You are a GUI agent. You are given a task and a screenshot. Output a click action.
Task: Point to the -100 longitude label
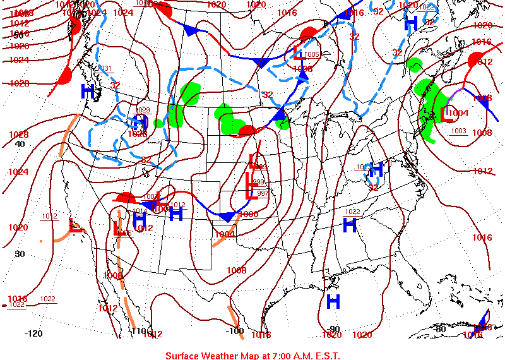click(234, 331)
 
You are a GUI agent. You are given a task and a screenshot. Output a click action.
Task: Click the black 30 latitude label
click(20, 253)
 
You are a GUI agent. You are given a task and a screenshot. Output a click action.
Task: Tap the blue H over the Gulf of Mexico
click(333, 302)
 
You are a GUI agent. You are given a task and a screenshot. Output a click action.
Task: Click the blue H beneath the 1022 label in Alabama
click(349, 224)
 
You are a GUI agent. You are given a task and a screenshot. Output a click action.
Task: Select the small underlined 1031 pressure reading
click(105, 68)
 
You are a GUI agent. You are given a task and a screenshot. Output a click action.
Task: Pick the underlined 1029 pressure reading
click(143, 110)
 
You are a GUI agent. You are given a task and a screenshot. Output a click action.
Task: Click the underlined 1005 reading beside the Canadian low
click(312, 54)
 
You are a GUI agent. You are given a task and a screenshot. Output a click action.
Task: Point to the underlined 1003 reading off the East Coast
click(458, 131)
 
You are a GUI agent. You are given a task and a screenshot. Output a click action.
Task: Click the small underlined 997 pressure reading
click(263, 193)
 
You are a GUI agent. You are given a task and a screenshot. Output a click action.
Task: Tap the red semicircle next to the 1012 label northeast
click(473, 60)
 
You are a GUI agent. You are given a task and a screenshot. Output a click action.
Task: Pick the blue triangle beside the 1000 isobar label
click(226, 217)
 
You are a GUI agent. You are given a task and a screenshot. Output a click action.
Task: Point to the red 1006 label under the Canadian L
click(303, 68)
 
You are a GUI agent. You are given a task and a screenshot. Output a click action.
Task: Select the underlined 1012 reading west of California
click(50, 217)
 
